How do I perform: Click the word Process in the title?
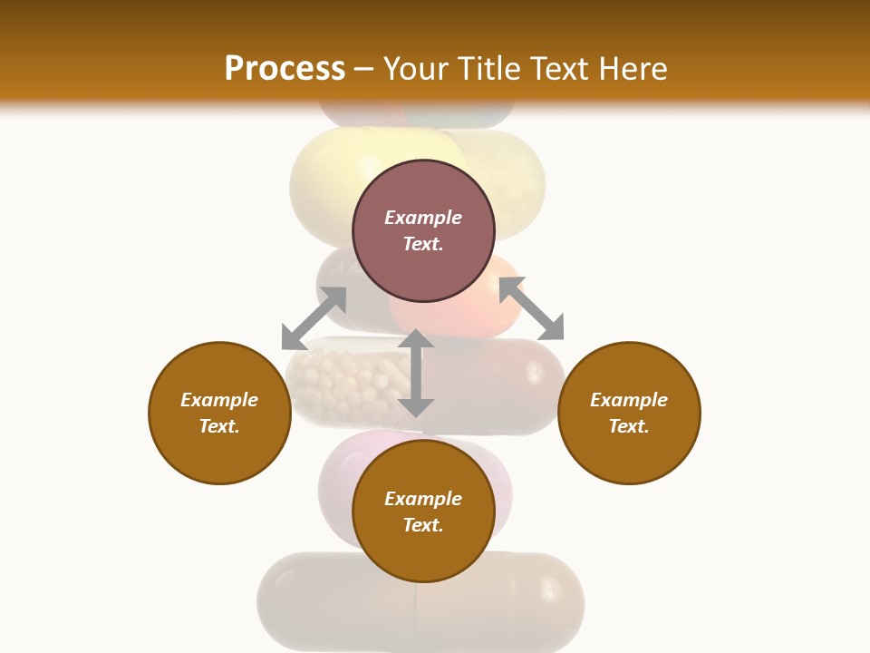click(x=285, y=69)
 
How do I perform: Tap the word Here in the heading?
click(x=632, y=69)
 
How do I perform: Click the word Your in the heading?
click(x=418, y=69)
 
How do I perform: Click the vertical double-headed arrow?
click(x=416, y=373)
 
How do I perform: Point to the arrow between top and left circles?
click(x=314, y=318)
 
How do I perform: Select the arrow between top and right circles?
click(x=531, y=308)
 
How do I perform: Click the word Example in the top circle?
click(x=423, y=218)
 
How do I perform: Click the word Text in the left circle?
click(x=219, y=426)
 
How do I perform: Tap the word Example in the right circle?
click(x=629, y=400)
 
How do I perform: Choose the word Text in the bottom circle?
click(x=423, y=525)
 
